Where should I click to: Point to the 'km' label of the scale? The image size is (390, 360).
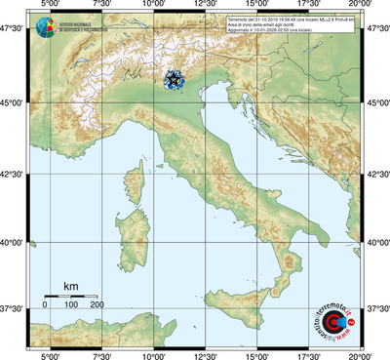pos(70,285)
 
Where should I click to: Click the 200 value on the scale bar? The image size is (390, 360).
pos(97,305)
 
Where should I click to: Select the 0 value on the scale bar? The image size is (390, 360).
pos(44,305)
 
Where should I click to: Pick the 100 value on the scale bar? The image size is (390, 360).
pos(70,305)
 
